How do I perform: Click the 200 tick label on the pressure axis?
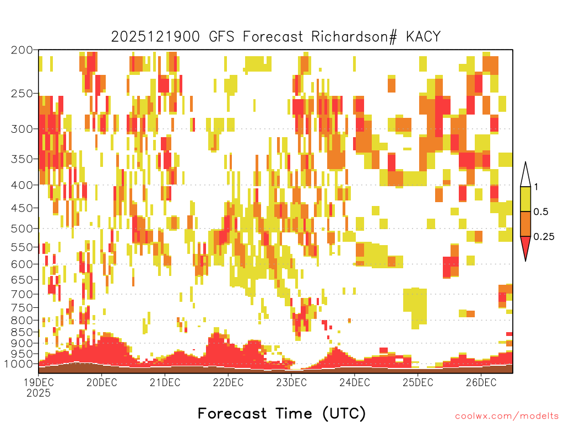click(21, 50)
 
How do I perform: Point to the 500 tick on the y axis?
click(21, 229)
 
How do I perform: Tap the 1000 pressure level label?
click(19, 364)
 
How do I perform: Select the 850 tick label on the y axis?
click(21, 332)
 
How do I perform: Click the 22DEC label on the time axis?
click(228, 382)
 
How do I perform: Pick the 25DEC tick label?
click(417, 382)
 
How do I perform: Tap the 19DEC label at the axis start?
click(39, 382)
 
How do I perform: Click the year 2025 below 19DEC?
click(39, 393)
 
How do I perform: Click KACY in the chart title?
click(424, 37)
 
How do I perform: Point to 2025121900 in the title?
click(155, 37)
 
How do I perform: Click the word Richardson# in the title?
click(354, 37)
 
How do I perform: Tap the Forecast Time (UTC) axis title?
click(281, 413)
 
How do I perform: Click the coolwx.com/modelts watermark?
click(507, 416)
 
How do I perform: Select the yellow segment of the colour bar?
click(525, 199)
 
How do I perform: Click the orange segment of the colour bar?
click(525, 224)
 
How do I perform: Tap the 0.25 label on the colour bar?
click(544, 237)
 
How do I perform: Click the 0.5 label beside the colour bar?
click(541, 212)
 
